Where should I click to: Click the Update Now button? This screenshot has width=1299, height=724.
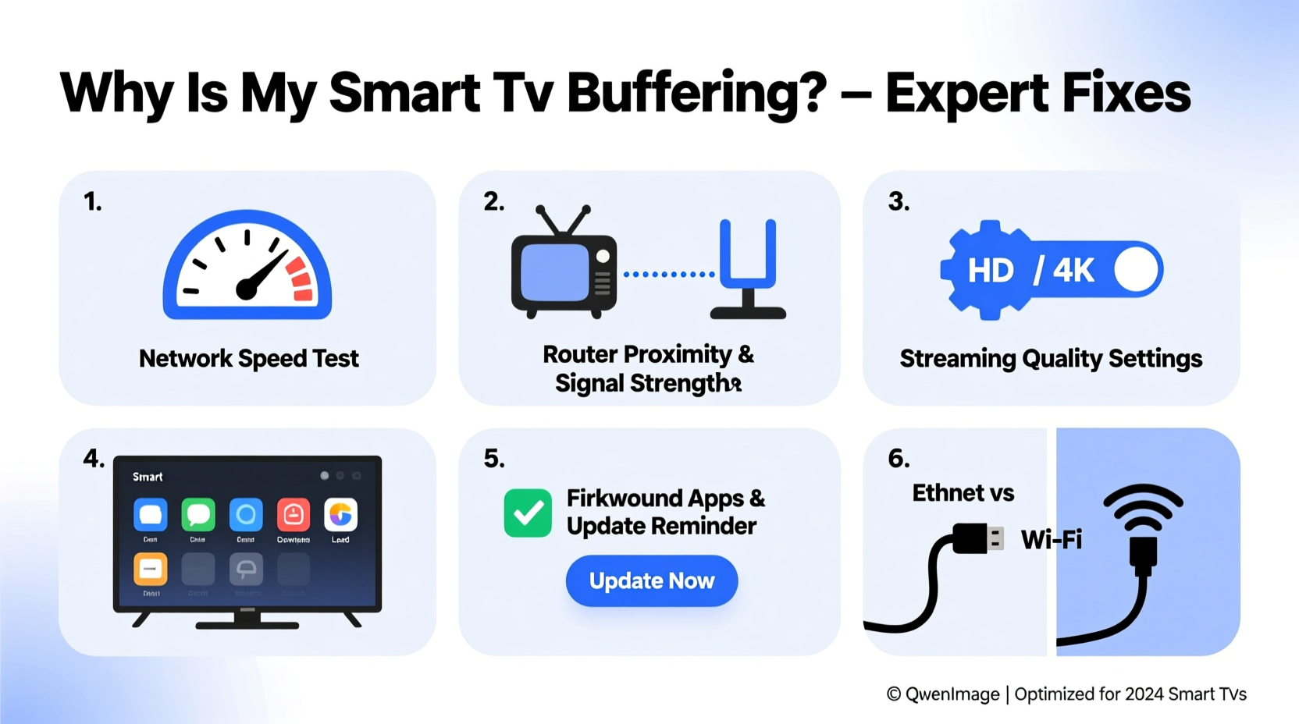point(651,581)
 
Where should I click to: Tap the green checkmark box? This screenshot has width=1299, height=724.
point(528,513)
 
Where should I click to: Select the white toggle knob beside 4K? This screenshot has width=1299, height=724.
point(1137,270)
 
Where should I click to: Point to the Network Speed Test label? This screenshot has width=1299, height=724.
point(248,358)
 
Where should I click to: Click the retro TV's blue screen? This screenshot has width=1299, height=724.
point(554,272)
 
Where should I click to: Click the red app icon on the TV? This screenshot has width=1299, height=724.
point(293,515)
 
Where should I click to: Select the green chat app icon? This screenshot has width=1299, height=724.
point(198,515)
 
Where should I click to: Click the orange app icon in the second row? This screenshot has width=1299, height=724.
point(151,570)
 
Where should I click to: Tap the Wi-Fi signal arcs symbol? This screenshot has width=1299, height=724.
point(1143,507)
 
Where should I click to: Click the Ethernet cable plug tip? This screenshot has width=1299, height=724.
point(995,538)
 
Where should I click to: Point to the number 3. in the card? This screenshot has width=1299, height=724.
point(899,202)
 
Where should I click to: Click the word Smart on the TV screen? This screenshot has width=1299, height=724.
point(148,477)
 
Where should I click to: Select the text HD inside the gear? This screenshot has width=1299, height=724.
point(990,271)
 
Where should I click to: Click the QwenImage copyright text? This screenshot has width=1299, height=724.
point(943,694)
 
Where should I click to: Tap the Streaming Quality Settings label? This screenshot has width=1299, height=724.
point(1051,358)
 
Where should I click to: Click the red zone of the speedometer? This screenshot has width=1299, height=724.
point(300,280)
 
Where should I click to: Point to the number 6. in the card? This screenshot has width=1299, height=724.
point(899,459)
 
